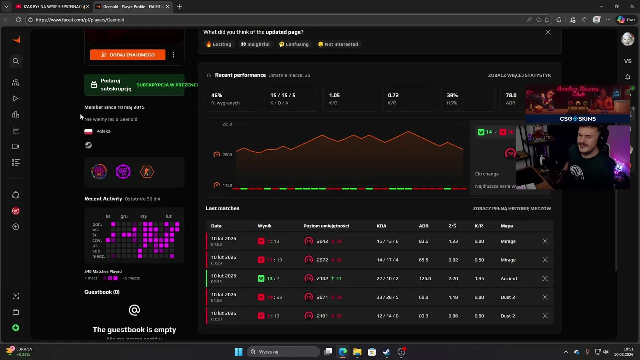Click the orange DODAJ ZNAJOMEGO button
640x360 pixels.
(x=127, y=55)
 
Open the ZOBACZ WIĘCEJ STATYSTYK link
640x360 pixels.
(x=519, y=75)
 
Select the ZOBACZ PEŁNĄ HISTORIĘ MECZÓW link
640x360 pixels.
(x=512, y=209)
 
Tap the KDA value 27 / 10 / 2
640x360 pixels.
(x=387, y=279)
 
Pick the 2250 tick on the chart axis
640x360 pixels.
(x=227, y=124)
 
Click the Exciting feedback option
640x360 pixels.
(x=219, y=44)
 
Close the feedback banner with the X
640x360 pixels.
(x=548, y=32)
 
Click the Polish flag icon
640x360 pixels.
(x=88, y=131)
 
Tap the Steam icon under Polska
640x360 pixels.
(x=88, y=145)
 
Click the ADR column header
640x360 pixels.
(x=423, y=226)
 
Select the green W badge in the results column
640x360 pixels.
(x=261, y=279)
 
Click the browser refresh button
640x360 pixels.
(x=18, y=20)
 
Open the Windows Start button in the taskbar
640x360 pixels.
(x=238, y=352)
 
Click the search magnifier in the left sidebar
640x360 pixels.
(x=16, y=61)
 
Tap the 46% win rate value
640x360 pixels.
(x=217, y=95)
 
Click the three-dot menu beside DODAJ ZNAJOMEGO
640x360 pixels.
(x=173, y=55)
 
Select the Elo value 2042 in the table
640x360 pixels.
(x=322, y=241)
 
